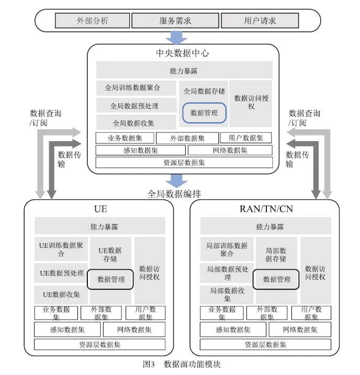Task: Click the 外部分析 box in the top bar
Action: (x=92, y=21)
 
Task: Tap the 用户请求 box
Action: (x=260, y=21)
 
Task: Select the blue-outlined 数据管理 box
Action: (x=204, y=112)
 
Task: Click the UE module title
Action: (x=100, y=209)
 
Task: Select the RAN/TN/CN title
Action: (x=266, y=209)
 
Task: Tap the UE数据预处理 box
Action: (x=62, y=273)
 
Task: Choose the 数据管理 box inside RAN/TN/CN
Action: (x=276, y=279)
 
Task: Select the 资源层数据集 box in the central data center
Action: (x=184, y=162)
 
